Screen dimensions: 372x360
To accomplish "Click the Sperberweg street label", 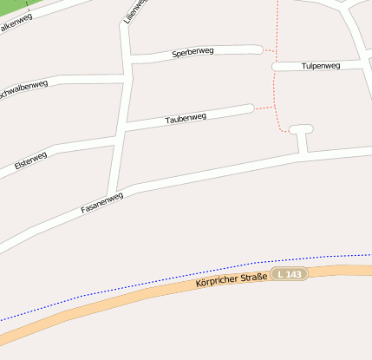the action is (x=193, y=52).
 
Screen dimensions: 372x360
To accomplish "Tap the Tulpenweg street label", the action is (x=321, y=66).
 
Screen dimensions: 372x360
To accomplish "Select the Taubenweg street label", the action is (x=186, y=117).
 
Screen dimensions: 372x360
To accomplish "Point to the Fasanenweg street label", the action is (x=102, y=203).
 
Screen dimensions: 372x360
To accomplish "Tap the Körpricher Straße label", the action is (x=232, y=279).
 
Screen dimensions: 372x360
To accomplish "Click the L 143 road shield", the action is (x=290, y=274).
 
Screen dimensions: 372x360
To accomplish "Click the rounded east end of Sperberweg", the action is (x=258, y=49).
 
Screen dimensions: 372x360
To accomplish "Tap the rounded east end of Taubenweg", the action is (x=250, y=108).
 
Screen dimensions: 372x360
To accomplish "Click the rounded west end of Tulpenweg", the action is (x=276, y=66).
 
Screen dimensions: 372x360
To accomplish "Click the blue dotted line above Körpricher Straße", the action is (x=173, y=284).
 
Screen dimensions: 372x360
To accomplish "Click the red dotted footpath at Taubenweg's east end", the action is (x=264, y=108).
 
